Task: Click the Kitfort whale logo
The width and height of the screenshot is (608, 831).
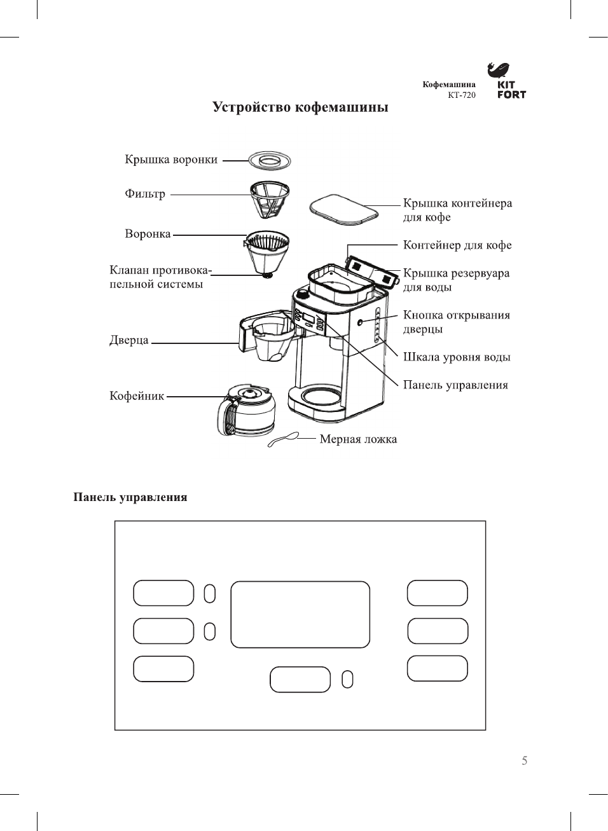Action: point(499,70)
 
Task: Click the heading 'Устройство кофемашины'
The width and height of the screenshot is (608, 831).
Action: point(300,107)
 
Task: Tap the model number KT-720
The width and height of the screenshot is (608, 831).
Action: point(461,95)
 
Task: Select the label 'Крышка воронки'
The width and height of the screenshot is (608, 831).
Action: point(171,160)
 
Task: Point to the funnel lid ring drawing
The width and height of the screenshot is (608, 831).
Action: point(269,160)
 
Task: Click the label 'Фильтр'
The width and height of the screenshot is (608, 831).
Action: point(145,194)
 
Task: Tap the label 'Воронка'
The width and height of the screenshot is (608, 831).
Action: point(148,234)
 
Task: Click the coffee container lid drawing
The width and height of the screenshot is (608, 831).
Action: point(344,209)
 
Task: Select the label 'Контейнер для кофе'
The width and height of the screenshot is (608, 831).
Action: point(457,245)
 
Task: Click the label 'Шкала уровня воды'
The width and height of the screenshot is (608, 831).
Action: point(457,357)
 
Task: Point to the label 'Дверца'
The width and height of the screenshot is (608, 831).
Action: point(129,340)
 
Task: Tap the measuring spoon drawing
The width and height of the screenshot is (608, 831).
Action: point(283,439)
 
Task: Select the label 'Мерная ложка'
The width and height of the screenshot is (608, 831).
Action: point(358,439)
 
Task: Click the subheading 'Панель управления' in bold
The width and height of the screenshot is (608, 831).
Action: point(130,497)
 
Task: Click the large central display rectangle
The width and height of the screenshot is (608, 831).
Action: point(300,614)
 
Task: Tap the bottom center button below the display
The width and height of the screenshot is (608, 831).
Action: point(300,679)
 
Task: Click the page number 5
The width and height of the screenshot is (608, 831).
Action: point(524,760)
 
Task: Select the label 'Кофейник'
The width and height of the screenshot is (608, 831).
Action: point(137,396)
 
